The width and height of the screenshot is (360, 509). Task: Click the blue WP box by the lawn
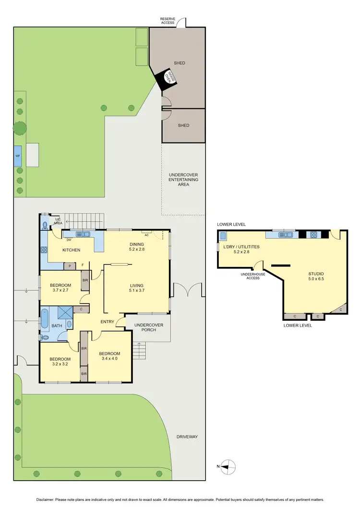point(18,156)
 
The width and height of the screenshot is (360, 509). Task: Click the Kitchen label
point(71,250)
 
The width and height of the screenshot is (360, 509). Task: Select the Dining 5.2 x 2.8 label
point(137,247)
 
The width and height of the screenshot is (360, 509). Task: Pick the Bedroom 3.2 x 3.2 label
point(60,362)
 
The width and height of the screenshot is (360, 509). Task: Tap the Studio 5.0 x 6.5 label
point(316,276)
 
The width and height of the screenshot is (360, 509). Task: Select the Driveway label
point(187,437)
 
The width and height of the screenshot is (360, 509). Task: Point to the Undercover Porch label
point(149,327)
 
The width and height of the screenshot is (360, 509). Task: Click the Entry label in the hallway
point(107,322)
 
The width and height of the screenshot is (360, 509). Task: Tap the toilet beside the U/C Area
point(45,224)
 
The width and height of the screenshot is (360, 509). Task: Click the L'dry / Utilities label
point(241,249)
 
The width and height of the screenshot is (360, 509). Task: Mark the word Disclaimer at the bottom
point(45,499)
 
